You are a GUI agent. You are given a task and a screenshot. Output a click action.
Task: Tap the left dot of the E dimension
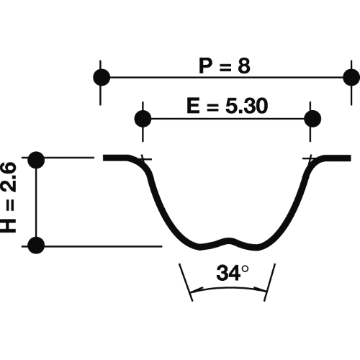[x=143, y=117]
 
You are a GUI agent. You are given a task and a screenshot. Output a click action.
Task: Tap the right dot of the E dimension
[x=312, y=117]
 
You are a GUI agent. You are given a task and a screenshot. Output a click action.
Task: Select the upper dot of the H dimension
[x=37, y=159]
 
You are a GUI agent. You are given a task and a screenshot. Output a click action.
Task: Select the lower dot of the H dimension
[x=37, y=246]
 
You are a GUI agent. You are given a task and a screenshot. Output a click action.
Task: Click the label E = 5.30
[x=227, y=107]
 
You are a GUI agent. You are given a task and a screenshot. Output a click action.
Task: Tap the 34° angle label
[x=232, y=274]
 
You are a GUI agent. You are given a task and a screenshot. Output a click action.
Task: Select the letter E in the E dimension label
[x=192, y=107]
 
